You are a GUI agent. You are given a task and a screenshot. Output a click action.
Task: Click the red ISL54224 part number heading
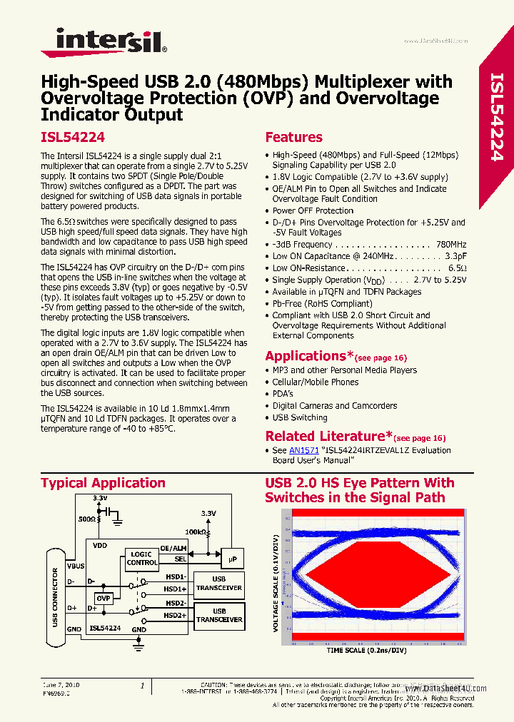click(73, 138)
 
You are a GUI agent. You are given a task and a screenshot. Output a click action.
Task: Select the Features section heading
click(293, 138)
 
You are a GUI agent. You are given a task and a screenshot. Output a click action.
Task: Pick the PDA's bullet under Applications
click(283, 394)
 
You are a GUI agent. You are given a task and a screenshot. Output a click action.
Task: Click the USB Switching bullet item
click(300, 418)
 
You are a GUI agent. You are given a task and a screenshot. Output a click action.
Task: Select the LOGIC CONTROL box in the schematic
click(142, 558)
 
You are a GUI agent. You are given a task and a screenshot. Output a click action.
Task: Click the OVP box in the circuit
click(104, 598)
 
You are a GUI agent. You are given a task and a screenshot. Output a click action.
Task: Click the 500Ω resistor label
click(87, 520)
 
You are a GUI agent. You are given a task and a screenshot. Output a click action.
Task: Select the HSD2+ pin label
click(175, 615)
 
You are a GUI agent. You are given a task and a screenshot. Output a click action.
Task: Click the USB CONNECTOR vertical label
click(56, 598)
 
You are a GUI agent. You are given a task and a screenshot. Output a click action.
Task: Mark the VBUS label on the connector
click(75, 565)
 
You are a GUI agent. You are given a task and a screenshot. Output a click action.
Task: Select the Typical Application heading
click(103, 484)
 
